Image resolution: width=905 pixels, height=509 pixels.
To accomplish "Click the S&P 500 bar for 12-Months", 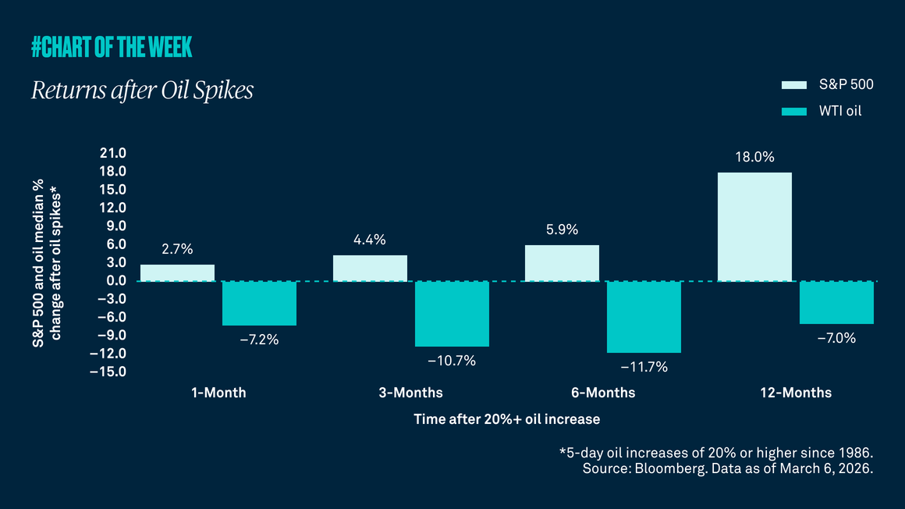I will click(754, 226).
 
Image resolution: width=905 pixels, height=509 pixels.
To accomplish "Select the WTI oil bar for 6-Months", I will click(644, 317).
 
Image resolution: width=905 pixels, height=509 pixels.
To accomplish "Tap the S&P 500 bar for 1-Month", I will click(177, 272).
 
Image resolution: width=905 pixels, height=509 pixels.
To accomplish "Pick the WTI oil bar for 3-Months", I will click(452, 313).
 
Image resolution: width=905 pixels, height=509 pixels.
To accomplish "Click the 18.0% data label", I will click(754, 157).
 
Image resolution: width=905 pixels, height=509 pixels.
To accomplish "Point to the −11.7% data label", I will click(644, 367).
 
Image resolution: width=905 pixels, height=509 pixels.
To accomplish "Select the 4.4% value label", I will click(370, 240).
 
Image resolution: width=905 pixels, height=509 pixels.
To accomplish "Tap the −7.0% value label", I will click(836, 338).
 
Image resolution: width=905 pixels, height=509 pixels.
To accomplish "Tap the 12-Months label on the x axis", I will click(795, 392).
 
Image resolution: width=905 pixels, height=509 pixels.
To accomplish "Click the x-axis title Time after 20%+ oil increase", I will click(506, 419).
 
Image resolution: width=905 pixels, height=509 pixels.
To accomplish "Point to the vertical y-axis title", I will click(48, 262).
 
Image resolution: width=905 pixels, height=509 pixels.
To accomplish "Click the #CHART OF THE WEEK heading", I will click(112, 48).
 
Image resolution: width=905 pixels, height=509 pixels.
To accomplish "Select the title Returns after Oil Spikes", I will click(142, 91).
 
